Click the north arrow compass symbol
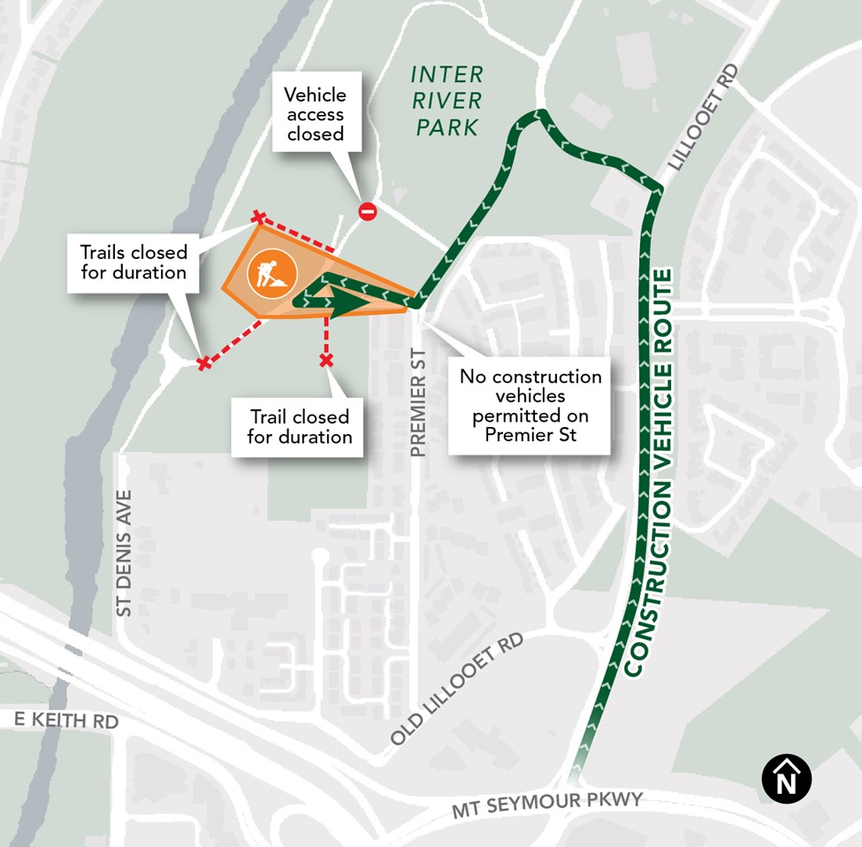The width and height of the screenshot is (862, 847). (x=786, y=779)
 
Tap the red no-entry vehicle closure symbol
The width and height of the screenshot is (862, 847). (x=368, y=211)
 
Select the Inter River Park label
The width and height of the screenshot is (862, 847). (x=446, y=99)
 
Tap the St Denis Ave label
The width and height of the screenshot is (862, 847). (x=124, y=552)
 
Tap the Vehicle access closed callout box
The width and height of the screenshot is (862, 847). (x=316, y=114)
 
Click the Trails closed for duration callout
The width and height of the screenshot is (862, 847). (x=133, y=262)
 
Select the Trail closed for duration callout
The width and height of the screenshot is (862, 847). (x=299, y=426)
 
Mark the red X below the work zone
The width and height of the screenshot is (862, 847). (x=326, y=360)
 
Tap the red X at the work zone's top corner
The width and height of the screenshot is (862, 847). (x=258, y=217)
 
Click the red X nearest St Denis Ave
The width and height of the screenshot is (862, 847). (x=204, y=363)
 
